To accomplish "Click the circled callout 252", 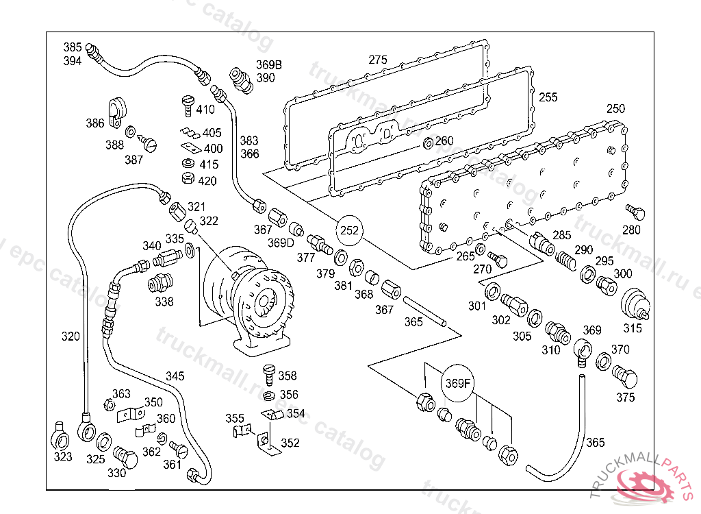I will (x=350, y=230).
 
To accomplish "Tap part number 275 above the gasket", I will (x=378, y=60).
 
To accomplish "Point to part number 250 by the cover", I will (x=615, y=109).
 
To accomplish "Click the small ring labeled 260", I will (x=428, y=143).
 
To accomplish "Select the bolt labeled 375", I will (x=625, y=377).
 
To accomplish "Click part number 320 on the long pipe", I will (x=71, y=336).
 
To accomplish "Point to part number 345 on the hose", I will (x=175, y=376).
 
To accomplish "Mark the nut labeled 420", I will (x=187, y=180).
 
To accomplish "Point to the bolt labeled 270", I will (x=500, y=260).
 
